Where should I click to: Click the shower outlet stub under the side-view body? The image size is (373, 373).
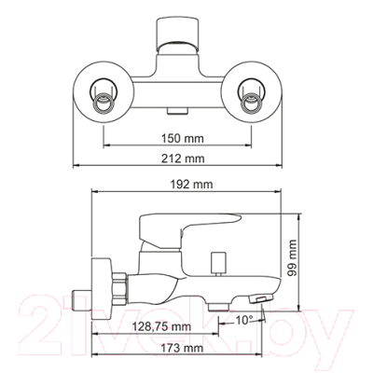(219, 304)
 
